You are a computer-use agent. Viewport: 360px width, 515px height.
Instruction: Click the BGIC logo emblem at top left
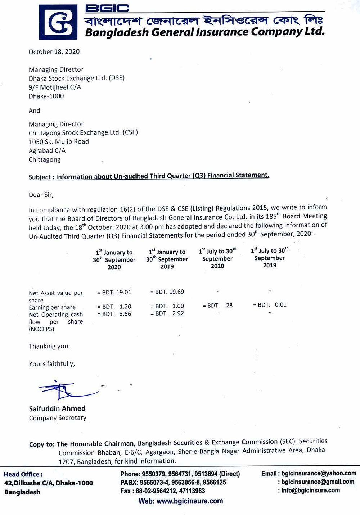point(58,22)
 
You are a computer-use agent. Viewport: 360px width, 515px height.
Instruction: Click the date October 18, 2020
point(54,52)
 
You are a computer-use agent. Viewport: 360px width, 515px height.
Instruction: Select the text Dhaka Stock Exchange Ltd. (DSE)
point(76,78)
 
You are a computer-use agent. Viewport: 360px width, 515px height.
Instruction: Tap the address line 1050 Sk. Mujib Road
point(59,142)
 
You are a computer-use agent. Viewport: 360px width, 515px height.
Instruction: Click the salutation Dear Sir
point(41,195)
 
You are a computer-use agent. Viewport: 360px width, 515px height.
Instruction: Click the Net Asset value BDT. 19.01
point(114,292)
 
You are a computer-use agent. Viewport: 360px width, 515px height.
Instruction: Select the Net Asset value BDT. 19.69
point(167,292)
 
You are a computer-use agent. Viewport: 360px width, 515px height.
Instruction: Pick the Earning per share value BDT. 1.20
point(114,307)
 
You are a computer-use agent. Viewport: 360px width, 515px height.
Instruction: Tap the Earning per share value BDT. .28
point(217,306)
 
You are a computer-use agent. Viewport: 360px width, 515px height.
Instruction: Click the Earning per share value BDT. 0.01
point(270,305)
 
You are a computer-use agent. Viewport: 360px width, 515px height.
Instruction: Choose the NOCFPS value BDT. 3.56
point(114,314)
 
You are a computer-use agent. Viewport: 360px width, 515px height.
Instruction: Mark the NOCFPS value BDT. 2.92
point(167,313)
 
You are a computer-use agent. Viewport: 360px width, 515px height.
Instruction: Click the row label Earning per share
point(52,307)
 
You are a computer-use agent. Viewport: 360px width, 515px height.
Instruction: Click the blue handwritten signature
point(65,390)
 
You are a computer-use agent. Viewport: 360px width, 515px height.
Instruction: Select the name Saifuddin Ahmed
point(57,408)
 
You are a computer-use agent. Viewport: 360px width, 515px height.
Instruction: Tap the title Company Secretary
point(58,418)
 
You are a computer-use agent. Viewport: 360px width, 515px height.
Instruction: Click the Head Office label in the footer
point(23,474)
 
